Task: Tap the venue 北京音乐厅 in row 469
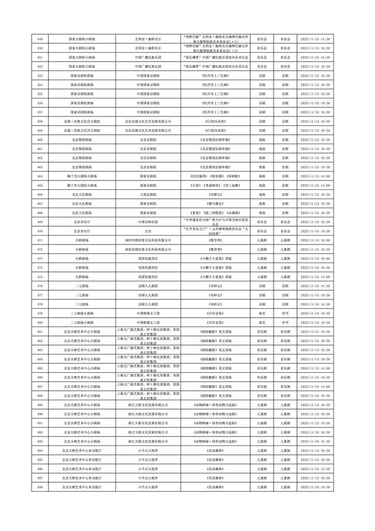(82, 222)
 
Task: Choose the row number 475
(39, 277)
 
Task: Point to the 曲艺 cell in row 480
(261, 322)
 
